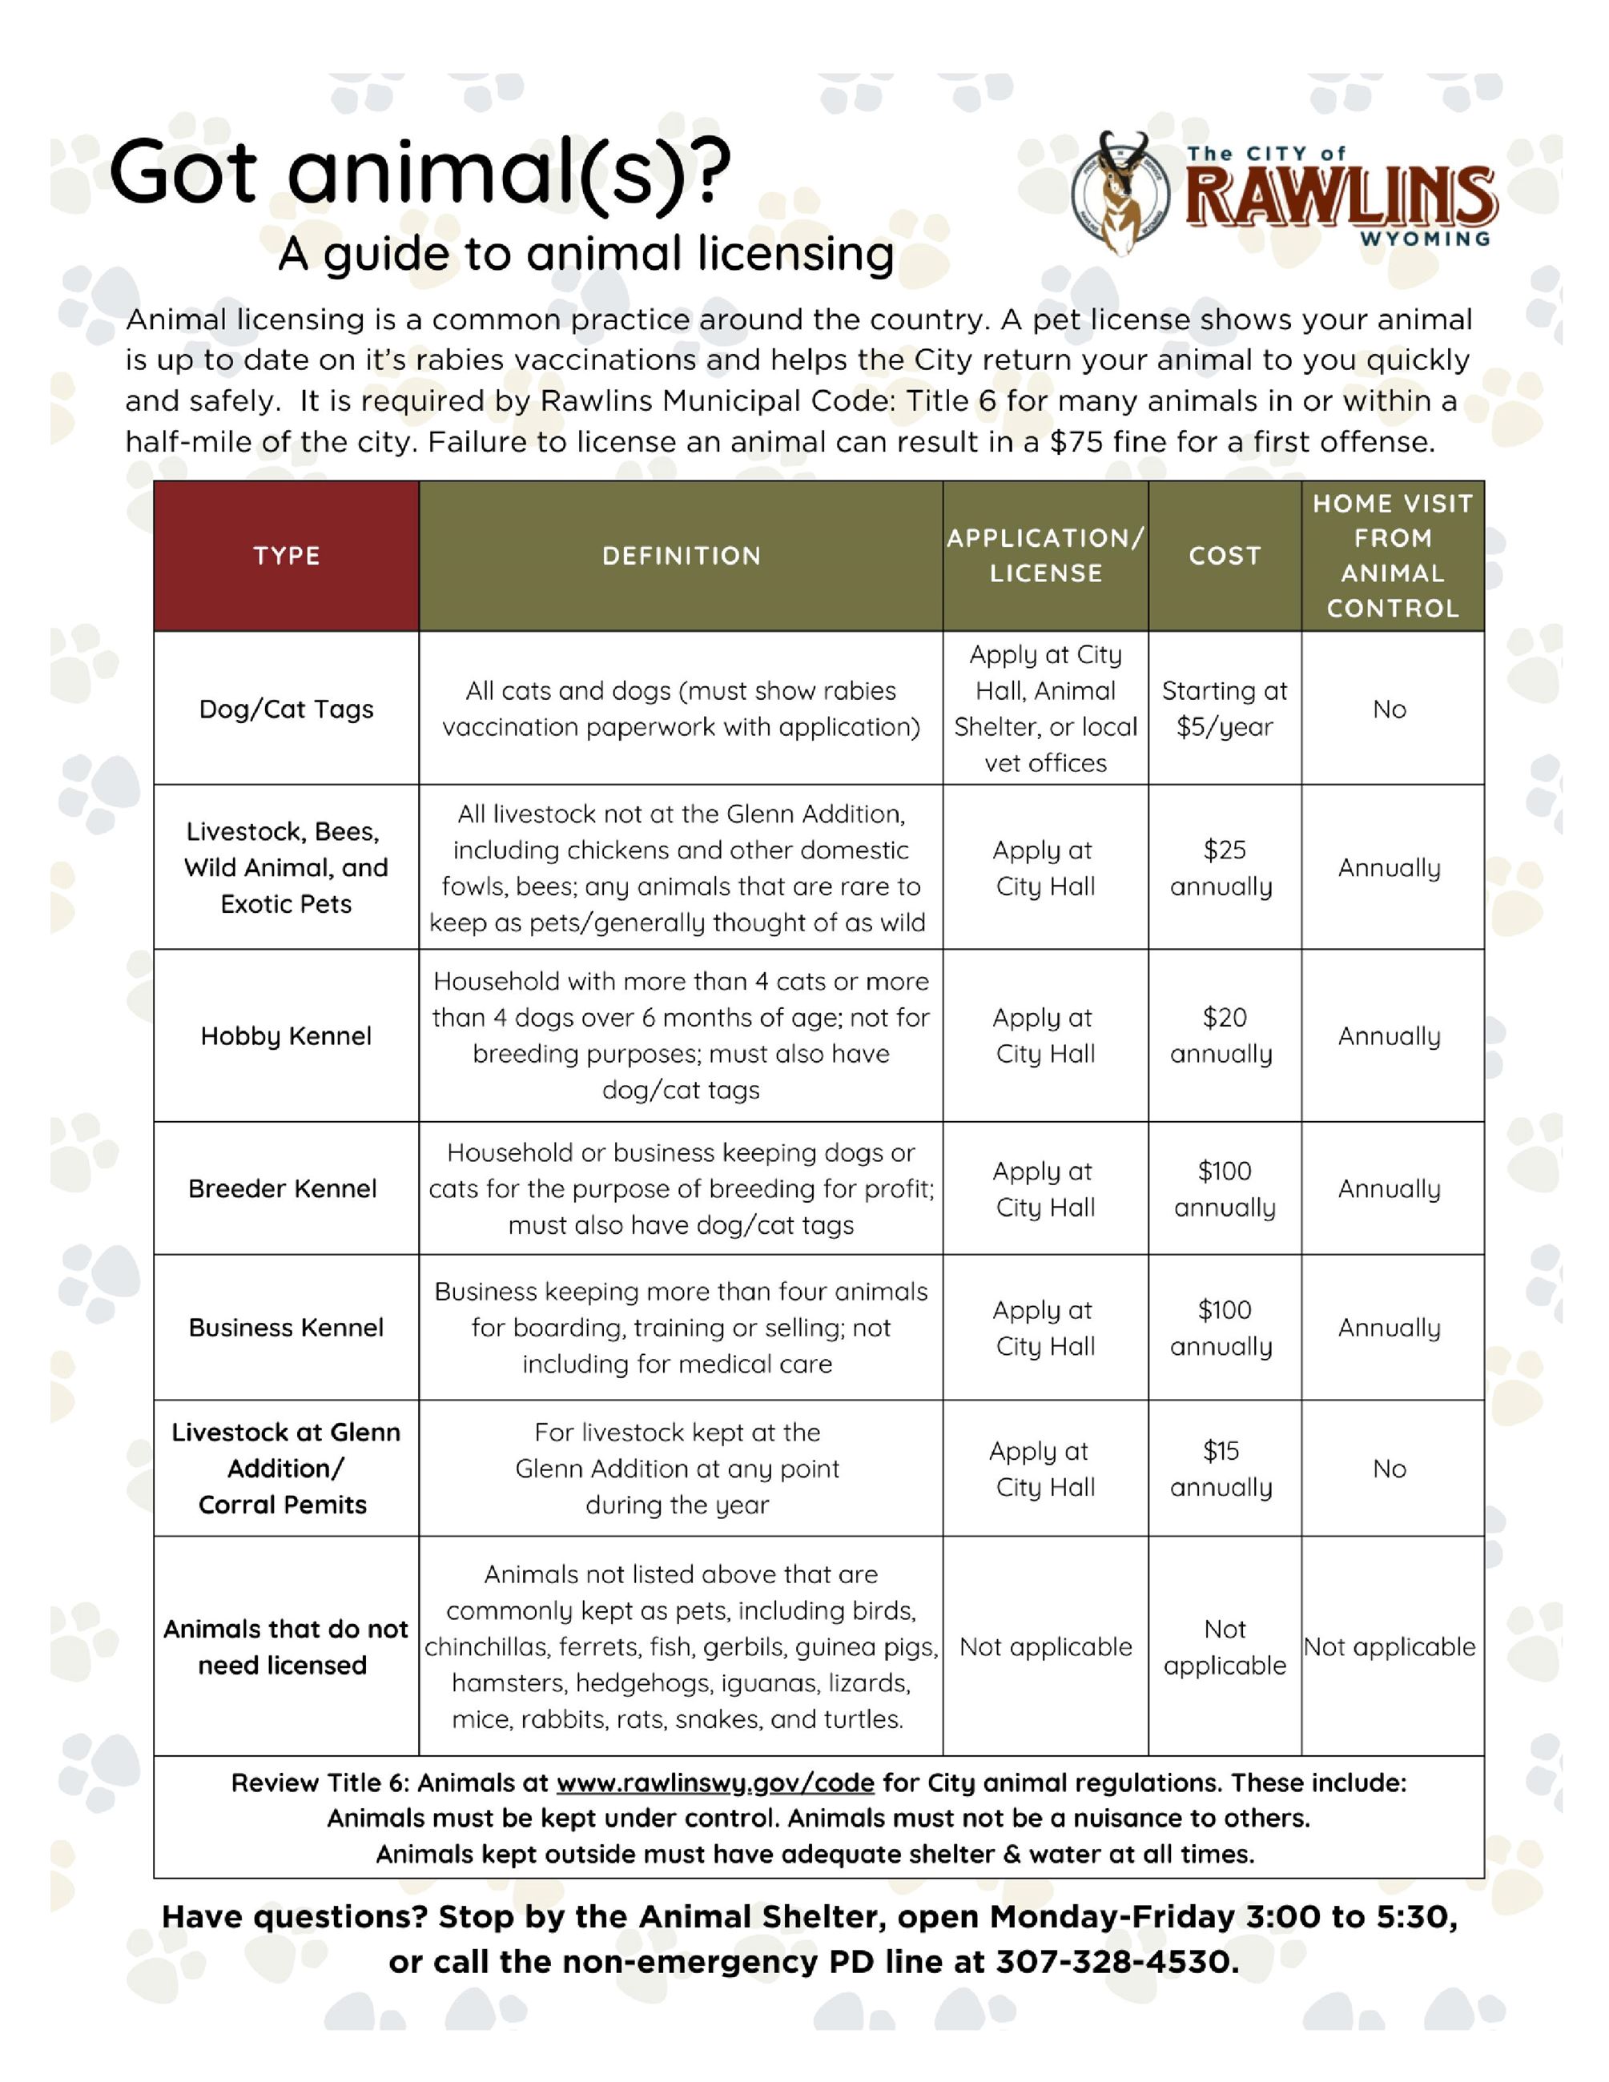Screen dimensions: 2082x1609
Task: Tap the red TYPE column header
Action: pos(286,556)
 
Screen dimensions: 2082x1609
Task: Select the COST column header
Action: pos(1224,556)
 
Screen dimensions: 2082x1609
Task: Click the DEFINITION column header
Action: pos(681,556)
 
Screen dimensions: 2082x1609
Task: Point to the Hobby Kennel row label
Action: pos(286,1036)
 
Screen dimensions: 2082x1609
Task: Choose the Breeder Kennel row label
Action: pos(282,1189)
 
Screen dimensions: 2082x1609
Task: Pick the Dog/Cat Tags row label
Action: pos(286,709)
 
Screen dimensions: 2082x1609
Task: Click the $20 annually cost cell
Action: pos(1224,1036)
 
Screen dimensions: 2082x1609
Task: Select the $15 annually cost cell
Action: pos(1222,1469)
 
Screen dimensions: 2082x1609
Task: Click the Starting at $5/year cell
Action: pos(1224,709)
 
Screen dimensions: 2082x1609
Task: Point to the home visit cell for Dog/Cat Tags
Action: pos(1389,709)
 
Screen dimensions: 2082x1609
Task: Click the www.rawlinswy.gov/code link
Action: pos(715,1783)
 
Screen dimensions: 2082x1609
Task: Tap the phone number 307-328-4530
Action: pos(1117,1962)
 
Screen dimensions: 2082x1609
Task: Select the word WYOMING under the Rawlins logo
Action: pos(1425,239)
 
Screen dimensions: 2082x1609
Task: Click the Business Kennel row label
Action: pos(286,1328)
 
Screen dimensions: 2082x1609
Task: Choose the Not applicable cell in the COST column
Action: pos(1224,1647)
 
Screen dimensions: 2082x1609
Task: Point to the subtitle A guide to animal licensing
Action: pos(586,255)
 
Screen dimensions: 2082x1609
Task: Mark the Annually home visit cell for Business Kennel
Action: pos(1389,1328)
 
